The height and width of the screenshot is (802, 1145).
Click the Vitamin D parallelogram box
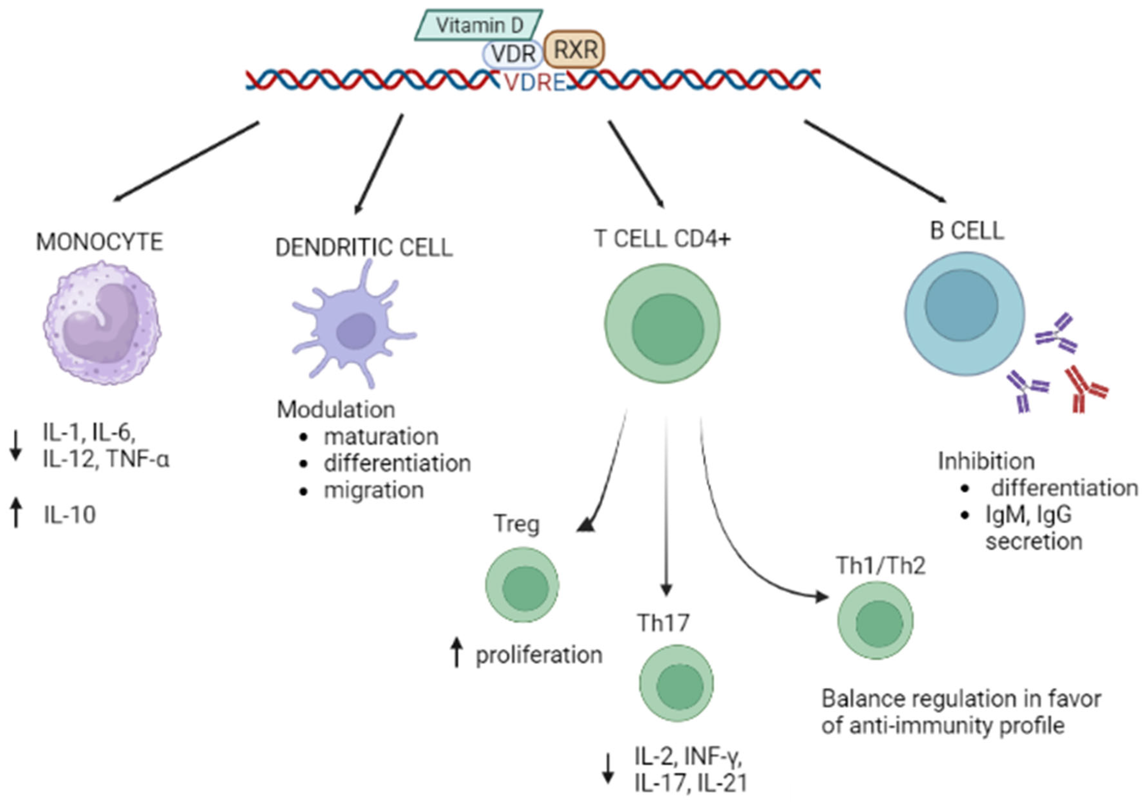pyautogui.click(x=479, y=25)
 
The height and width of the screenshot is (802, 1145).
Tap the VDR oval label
pyautogui.click(x=513, y=54)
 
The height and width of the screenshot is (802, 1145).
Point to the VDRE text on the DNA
pyautogui.click(x=535, y=82)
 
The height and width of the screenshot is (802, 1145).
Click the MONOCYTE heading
pyautogui.click(x=100, y=242)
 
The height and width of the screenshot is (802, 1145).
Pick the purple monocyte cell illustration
pyautogui.click(x=102, y=322)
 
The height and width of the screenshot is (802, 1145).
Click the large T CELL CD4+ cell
pyautogui.click(x=663, y=323)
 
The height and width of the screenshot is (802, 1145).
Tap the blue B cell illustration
pyautogui.click(x=965, y=313)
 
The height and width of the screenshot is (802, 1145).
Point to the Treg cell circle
pyautogui.click(x=522, y=585)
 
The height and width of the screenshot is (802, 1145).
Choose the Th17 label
pyautogui.click(x=663, y=623)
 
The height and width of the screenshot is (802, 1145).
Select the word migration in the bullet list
pyautogui.click(x=374, y=490)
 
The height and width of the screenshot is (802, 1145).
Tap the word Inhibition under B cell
pyautogui.click(x=986, y=461)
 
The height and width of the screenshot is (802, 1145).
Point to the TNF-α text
pyautogui.click(x=138, y=459)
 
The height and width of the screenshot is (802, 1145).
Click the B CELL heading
pyautogui.click(x=968, y=231)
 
